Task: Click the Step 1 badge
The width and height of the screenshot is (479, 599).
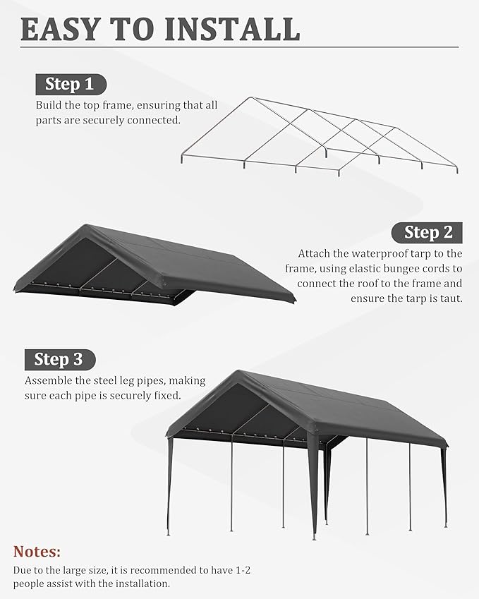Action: (70, 85)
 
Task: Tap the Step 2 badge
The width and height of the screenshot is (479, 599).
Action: (428, 232)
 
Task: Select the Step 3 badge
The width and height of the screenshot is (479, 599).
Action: (59, 359)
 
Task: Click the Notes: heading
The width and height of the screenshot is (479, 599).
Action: (37, 551)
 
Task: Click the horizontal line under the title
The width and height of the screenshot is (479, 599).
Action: (240, 47)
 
